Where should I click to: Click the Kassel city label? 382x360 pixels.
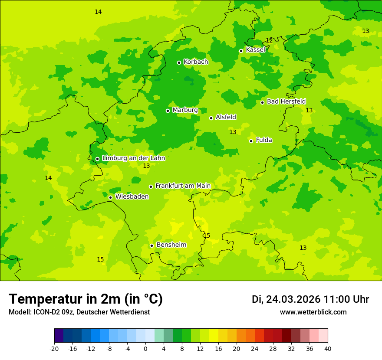[255, 50]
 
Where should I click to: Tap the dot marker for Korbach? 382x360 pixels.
[179, 62]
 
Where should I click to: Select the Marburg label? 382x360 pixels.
[185, 110]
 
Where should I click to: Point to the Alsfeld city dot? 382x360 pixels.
[211, 118]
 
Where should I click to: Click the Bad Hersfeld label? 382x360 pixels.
[286, 101]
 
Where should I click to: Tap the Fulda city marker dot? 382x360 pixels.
[251, 141]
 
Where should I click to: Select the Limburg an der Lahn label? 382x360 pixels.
[133, 158]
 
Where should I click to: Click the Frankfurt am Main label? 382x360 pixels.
[183, 186]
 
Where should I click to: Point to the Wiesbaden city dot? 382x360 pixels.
[110, 197]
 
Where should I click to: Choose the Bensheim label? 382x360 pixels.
[171, 245]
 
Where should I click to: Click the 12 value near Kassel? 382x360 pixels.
[269, 40]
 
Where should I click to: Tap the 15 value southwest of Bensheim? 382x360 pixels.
[100, 259]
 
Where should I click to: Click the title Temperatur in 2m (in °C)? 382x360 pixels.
[86, 299]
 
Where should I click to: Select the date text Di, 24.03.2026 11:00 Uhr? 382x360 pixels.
[310, 299]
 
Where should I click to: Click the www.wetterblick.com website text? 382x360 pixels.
[313, 312]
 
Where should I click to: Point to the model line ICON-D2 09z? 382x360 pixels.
[79, 312]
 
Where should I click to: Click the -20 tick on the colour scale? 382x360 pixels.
[54, 348]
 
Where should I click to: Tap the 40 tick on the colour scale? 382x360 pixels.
[328, 348]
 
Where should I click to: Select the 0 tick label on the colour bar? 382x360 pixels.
[145, 348]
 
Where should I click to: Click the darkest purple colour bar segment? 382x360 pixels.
[59, 336]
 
